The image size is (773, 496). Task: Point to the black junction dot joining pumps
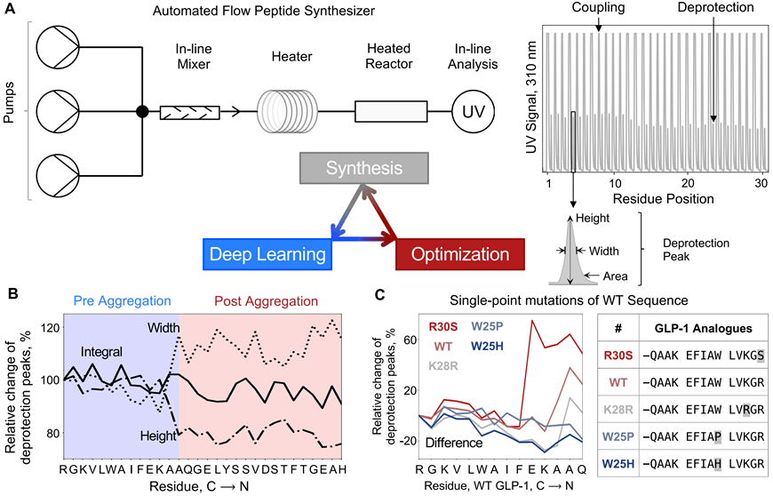pyautogui.click(x=141, y=112)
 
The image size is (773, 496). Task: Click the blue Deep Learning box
pyautogui.click(x=267, y=254)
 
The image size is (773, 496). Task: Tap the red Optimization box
pyautogui.click(x=455, y=254)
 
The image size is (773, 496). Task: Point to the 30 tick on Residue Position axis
pyautogui.click(x=761, y=181)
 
